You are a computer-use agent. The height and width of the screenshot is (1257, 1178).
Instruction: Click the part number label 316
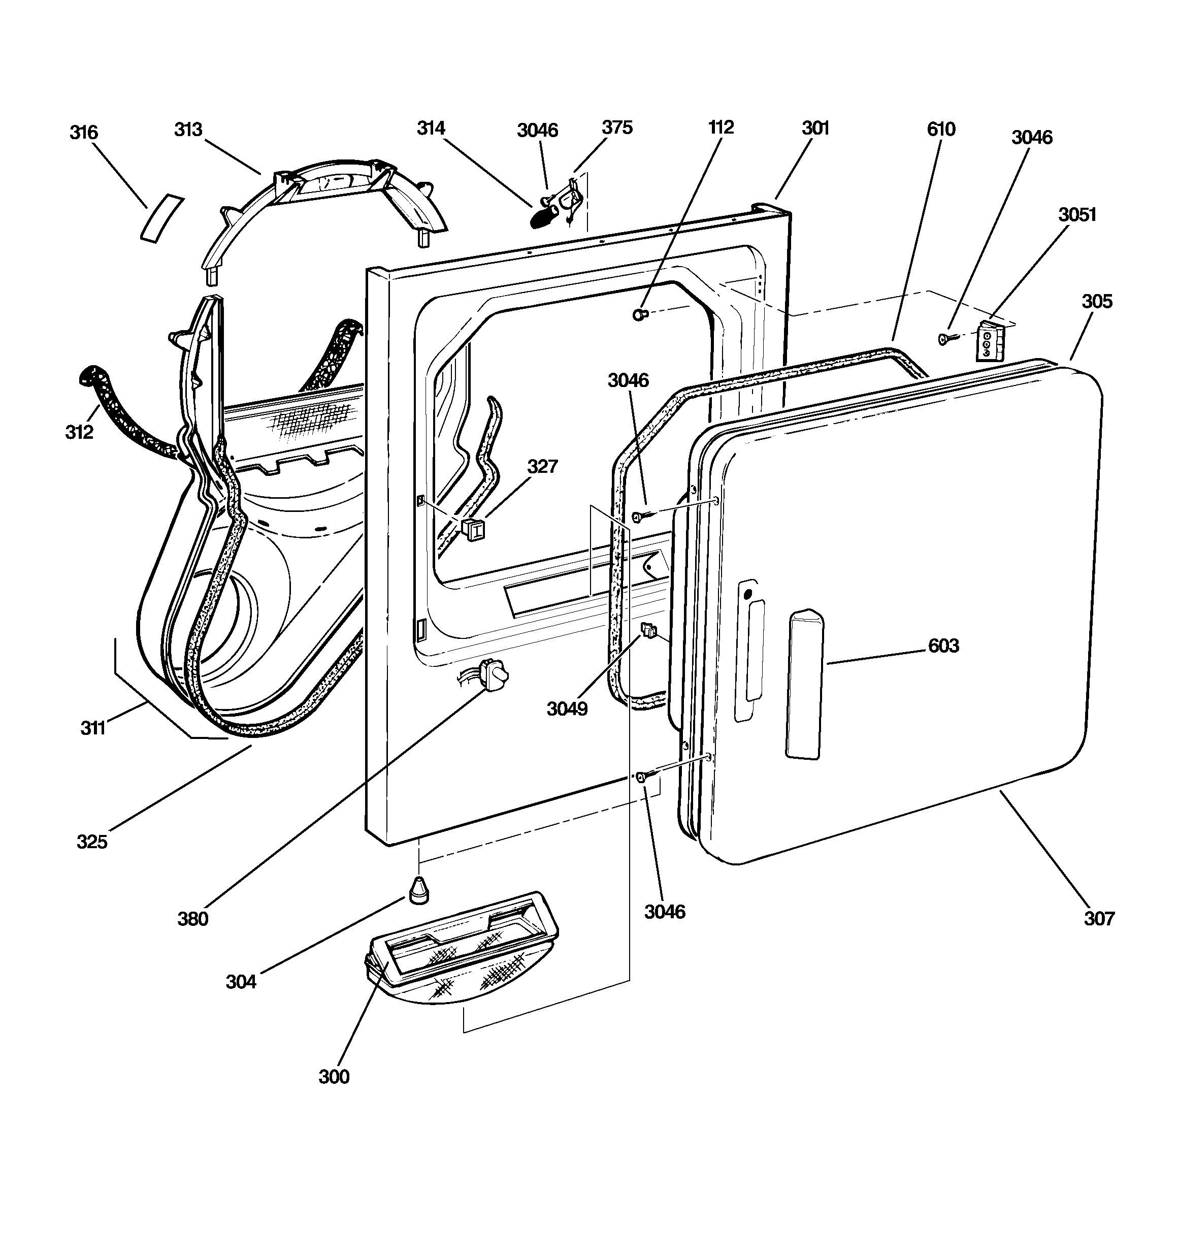pos(84,132)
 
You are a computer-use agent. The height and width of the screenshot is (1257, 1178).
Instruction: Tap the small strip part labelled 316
pos(161,219)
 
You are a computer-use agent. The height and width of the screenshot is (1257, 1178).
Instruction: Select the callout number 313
pos(188,129)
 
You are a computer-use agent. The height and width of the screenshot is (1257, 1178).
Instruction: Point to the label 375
pos(616,127)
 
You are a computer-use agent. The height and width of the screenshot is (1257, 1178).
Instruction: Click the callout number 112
pos(721,127)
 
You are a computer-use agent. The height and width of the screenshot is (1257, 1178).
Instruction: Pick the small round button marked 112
pos(640,314)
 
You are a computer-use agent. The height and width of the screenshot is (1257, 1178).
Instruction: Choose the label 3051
pos(1077,214)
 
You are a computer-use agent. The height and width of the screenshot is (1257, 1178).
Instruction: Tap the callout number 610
pos(941,129)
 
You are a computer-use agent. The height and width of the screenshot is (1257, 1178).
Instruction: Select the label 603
pos(943,646)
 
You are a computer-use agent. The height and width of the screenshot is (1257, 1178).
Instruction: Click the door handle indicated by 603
pos(805,684)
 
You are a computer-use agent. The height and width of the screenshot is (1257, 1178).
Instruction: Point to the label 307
pos(1099,918)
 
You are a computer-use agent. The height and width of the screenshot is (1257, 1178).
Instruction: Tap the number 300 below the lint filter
pos(334,1077)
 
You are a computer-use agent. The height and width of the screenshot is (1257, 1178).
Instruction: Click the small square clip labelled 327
pos(473,529)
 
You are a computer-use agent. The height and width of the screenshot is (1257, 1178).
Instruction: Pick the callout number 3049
pos(567,709)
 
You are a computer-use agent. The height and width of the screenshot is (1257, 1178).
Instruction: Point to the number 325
pos(92,842)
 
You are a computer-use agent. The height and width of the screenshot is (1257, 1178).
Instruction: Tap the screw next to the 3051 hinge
pos(948,339)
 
